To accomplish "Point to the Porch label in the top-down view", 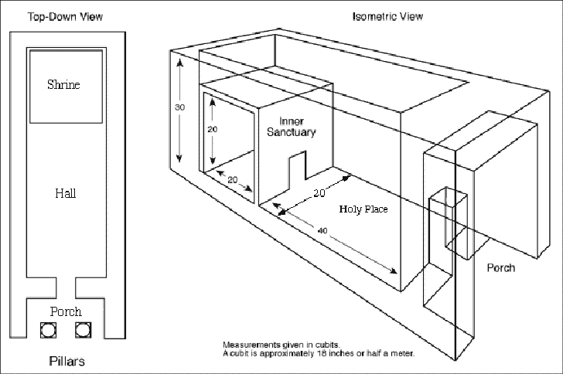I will click(x=66, y=311).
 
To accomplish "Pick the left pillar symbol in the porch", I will click(x=48, y=330).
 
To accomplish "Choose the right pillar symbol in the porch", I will click(x=83, y=330).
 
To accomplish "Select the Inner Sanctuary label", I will click(x=292, y=127).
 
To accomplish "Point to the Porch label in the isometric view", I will click(x=500, y=268).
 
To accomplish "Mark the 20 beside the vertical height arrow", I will click(x=213, y=130).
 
